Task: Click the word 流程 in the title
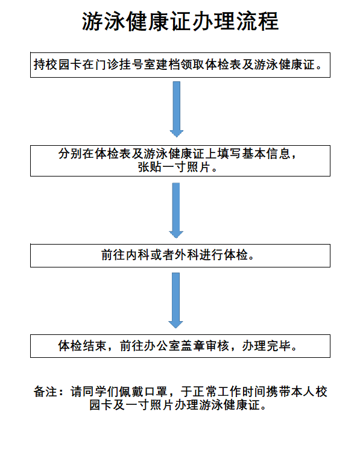(257, 21)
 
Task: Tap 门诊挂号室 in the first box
(125, 64)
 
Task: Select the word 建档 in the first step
(168, 64)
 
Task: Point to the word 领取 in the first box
(193, 64)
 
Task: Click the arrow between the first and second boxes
(177, 109)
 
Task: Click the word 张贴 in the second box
(150, 167)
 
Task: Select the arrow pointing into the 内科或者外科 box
(176, 210)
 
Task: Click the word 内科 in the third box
(137, 255)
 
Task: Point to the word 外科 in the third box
(187, 255)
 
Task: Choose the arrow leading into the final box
(175, 300)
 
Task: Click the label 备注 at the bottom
(45, 392)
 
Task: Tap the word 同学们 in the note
(101, 392)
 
